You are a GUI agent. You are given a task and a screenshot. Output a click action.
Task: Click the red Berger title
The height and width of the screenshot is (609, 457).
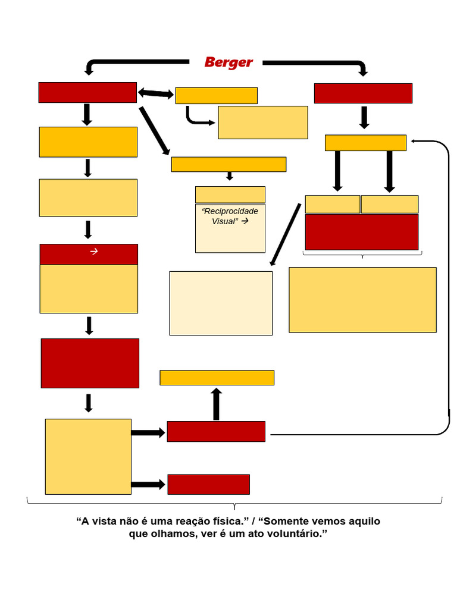click(x=228, y=62)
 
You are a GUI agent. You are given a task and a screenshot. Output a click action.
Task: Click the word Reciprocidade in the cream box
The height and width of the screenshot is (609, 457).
click(x=230, y=212)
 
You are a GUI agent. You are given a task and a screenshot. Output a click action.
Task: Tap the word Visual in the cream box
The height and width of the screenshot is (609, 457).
click(x=224, y=221)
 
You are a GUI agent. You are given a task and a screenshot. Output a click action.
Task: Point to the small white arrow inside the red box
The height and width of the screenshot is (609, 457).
click(x=93, y=252)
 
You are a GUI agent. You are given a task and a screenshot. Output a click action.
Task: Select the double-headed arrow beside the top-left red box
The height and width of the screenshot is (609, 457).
click(x=156, y=93)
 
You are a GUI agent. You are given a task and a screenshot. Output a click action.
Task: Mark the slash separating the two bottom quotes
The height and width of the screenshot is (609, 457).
click(x=252, y=522)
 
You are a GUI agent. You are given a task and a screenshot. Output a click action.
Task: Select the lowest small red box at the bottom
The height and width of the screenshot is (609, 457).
click(x=208, y=484)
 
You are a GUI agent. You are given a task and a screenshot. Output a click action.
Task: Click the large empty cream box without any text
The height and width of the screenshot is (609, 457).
click(x=221, y=303)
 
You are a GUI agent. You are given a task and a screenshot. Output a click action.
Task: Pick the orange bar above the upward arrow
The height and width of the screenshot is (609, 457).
click(x=217, y=378)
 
